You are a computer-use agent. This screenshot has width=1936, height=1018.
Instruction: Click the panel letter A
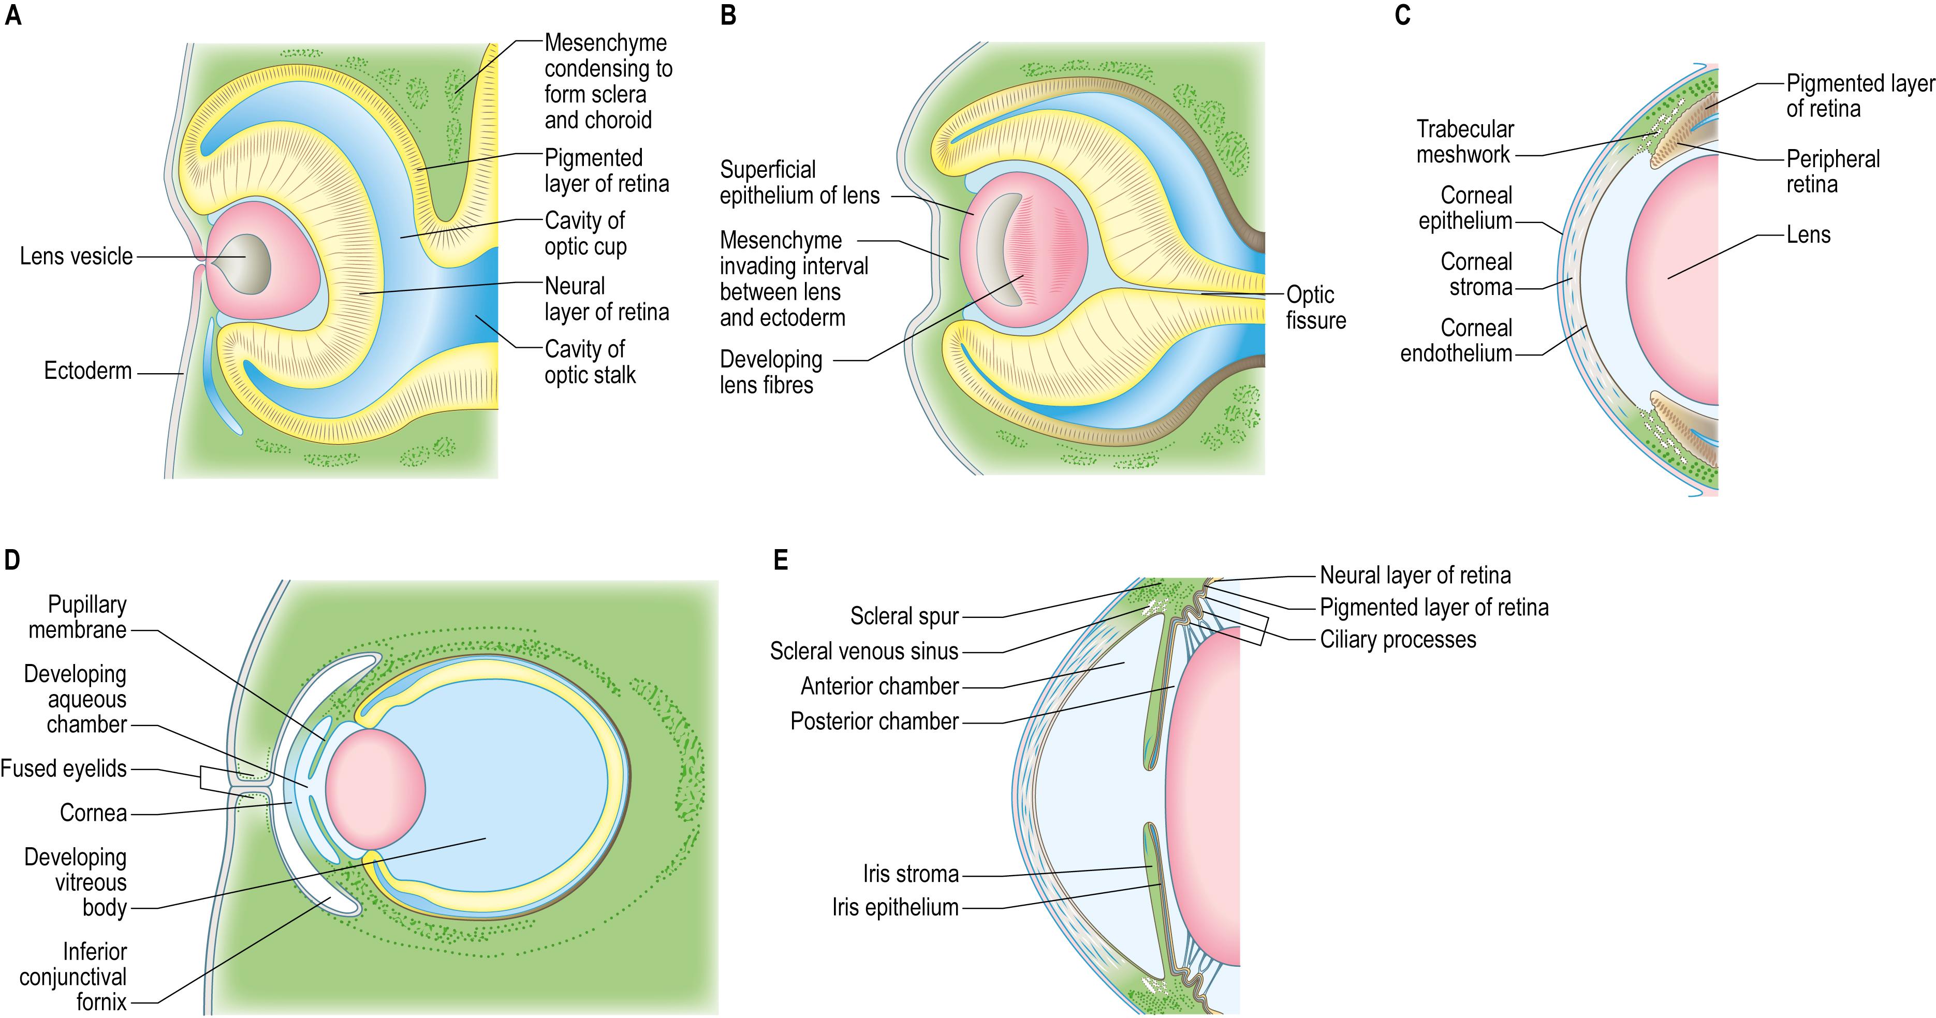tap(13, 15)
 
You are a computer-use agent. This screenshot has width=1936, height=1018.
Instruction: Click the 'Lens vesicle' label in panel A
tap(76, 256)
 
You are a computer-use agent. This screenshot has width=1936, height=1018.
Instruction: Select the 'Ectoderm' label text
tap(88, 371)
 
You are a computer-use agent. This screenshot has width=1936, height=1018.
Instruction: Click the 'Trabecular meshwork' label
tap(1464, 141)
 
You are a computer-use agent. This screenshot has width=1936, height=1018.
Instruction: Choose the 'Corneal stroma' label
tap(1476, 274)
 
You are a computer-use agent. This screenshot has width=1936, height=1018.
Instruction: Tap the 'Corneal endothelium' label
tap(1457, 341)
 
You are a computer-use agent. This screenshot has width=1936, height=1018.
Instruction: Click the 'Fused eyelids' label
tap(64, 769)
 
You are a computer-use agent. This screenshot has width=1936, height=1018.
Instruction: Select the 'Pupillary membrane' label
tap(78, 617)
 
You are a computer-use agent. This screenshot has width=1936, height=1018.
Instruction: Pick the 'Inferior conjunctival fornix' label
tap(74, 977)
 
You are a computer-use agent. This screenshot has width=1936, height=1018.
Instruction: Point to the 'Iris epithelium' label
tap(895, 908)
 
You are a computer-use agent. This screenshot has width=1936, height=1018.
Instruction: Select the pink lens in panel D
tap(375, 789)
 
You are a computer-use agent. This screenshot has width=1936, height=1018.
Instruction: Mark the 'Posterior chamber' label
tap(874, 721)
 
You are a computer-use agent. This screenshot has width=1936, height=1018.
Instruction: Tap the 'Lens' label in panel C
tap(1808, 235)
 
